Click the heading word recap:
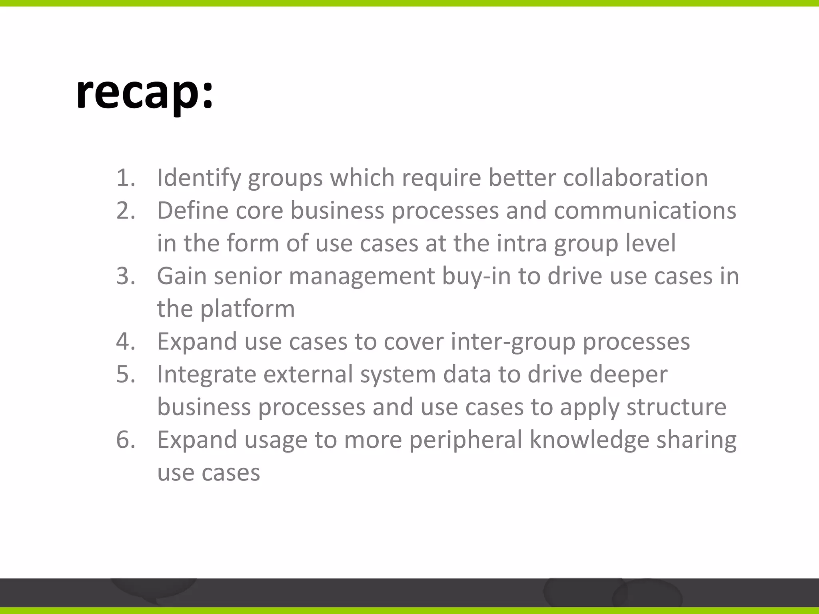pos(145,94)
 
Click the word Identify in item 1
pos(199,177)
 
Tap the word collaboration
pos(635,177)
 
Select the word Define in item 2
pos(193,210)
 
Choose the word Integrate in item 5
pos(206,375)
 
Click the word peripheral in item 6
pos(465,441)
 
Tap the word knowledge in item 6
pos(589,441)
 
